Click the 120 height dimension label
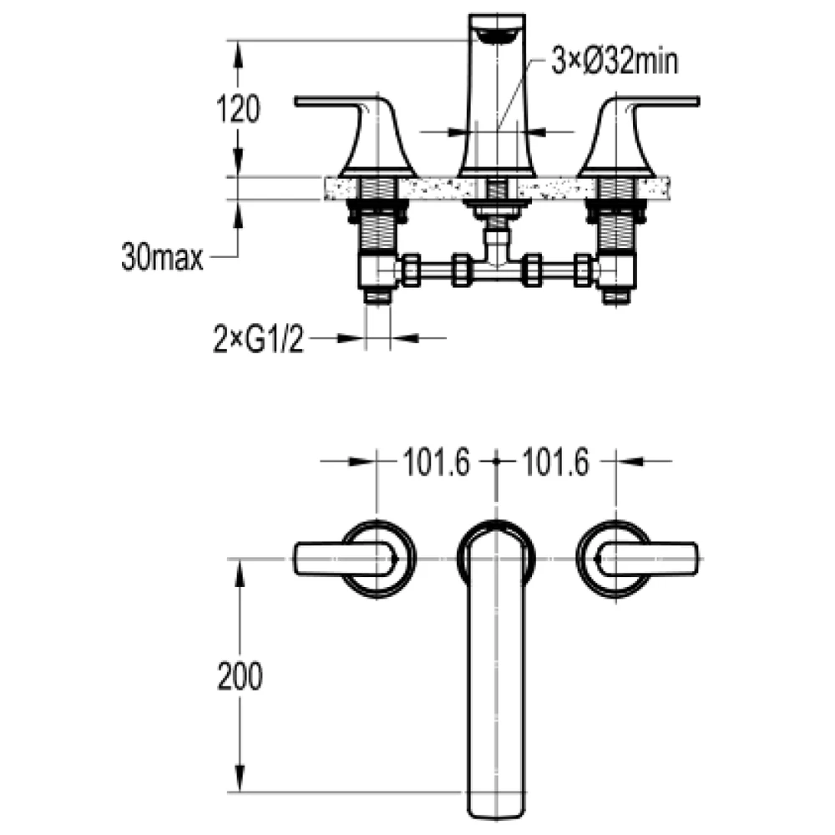pyautogui.click(x=238, y=109)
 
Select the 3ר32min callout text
pyautogui.click(x=615, y=61)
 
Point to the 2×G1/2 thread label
pyautogui.click(x=258, y=337)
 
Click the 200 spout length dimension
pyautogui.click(x=240, y=676)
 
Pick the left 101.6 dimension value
pyautogui.click(x=437, y=462)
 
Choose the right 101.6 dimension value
pyautogui.click(x=555, y=462)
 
